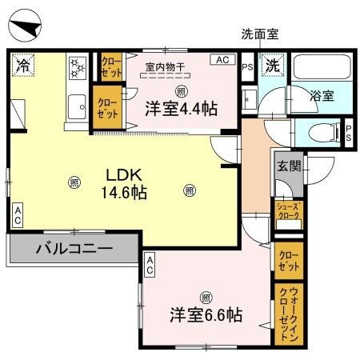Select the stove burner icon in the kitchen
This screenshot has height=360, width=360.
pyautogui.click(x=78, y=68)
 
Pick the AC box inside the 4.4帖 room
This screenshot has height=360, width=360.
pyautogui.click(x=222, y=59)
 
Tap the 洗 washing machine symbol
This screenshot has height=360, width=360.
pyautogui.click(x=273, y=66)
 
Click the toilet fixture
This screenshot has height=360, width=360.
pyautogui.click(x=319, y=133)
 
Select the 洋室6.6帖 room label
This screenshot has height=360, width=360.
pyautogui.click(x=205, y=314)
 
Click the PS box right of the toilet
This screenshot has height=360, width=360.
pyautogui.click(x=349, y=132)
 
